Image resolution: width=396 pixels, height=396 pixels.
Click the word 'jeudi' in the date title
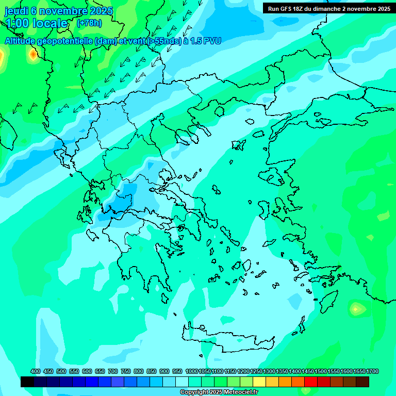click(16, 11)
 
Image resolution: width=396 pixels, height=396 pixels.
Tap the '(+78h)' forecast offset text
click(89, 23)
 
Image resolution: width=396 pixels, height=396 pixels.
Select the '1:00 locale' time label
click(37, 23)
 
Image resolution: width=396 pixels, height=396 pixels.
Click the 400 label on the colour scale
click(36, 371)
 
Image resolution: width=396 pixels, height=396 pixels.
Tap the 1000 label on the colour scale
click(191, 371)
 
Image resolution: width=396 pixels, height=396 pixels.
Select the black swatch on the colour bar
click(27, 382)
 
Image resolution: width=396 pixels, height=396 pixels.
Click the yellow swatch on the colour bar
click(259, 382)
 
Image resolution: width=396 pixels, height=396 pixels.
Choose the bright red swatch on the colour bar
click(311, 382)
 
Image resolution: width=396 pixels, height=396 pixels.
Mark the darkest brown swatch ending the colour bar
click(362, 382)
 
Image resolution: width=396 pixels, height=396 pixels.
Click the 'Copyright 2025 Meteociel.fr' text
click(219, 392)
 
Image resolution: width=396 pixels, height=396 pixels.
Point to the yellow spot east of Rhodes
click(355, 309)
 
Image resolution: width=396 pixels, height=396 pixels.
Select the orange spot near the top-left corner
click(34, 54)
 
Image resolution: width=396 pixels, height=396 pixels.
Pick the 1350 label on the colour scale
click(282, 371)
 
